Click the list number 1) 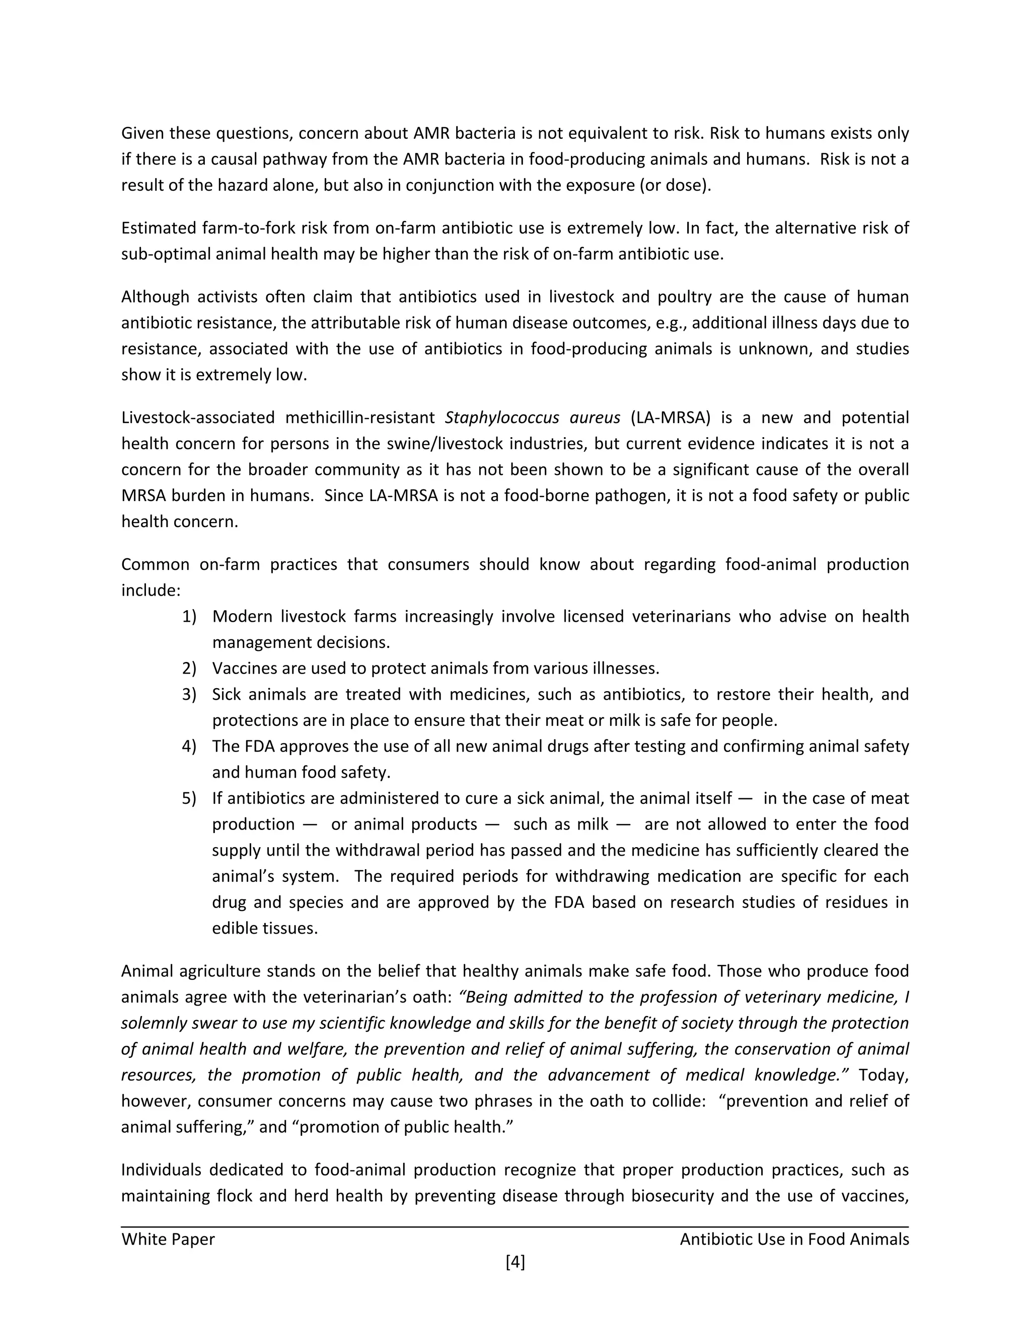pos(189,617)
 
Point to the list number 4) pos(189,746)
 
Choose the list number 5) pos(189,798)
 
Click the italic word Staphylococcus pos(502,418)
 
